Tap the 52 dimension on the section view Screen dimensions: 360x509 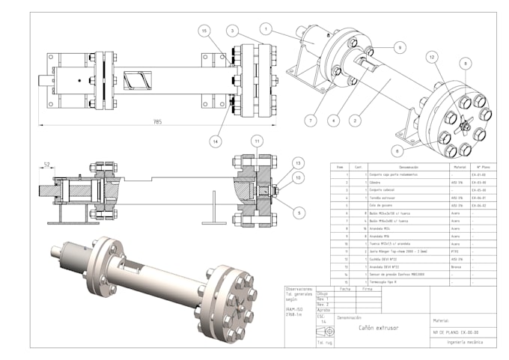(x=46, y=164)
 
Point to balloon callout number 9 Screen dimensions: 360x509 (x=400, y=46)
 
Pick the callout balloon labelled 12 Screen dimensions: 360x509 (x=432, y=56)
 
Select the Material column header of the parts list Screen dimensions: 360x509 (x=460, y=167)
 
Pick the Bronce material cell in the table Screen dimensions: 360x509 (x=455, y=266)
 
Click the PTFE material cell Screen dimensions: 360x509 (x=454, y=252)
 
